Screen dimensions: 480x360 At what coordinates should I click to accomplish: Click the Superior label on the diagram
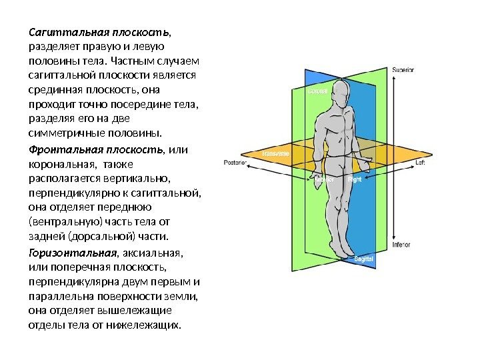[x=403, y=69]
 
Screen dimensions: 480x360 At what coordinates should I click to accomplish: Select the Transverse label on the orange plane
[x=275, y=153]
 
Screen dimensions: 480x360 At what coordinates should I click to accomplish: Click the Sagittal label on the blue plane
[x=363, y=257]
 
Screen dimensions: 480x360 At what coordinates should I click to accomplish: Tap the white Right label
[x=355, y=179]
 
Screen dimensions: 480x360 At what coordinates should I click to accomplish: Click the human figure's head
[x=341, y=87]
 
